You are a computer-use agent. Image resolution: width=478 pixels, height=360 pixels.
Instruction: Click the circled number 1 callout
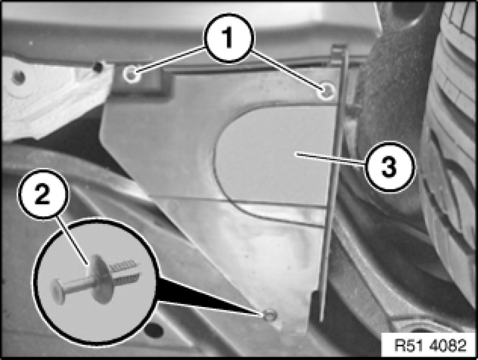tap(228, 39)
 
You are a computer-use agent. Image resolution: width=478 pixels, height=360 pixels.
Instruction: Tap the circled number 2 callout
tap(43, 194)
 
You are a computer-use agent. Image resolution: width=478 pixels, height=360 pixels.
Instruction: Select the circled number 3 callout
tap(390, 167)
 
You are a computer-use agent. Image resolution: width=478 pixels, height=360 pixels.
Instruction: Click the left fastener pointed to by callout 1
tap(132, 74)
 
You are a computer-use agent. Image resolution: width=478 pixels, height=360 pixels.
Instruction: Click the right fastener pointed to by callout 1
tap(327, 91)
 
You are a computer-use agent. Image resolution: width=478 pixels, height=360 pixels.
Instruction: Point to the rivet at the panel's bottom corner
tap(269, 315)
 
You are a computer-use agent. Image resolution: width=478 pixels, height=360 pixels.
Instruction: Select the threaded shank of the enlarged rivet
tap(125, 271)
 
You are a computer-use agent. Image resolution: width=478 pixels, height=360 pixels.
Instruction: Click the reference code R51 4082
tap(430, 345)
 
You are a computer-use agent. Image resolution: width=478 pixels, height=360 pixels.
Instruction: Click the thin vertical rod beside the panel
tap(332, 183)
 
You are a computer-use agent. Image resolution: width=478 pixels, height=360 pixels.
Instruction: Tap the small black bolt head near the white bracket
tap(98, 66)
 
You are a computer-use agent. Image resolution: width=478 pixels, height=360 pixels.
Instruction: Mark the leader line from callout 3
tap(331, 160)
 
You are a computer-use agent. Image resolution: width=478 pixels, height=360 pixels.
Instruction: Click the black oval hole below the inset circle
tap(154, 330)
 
